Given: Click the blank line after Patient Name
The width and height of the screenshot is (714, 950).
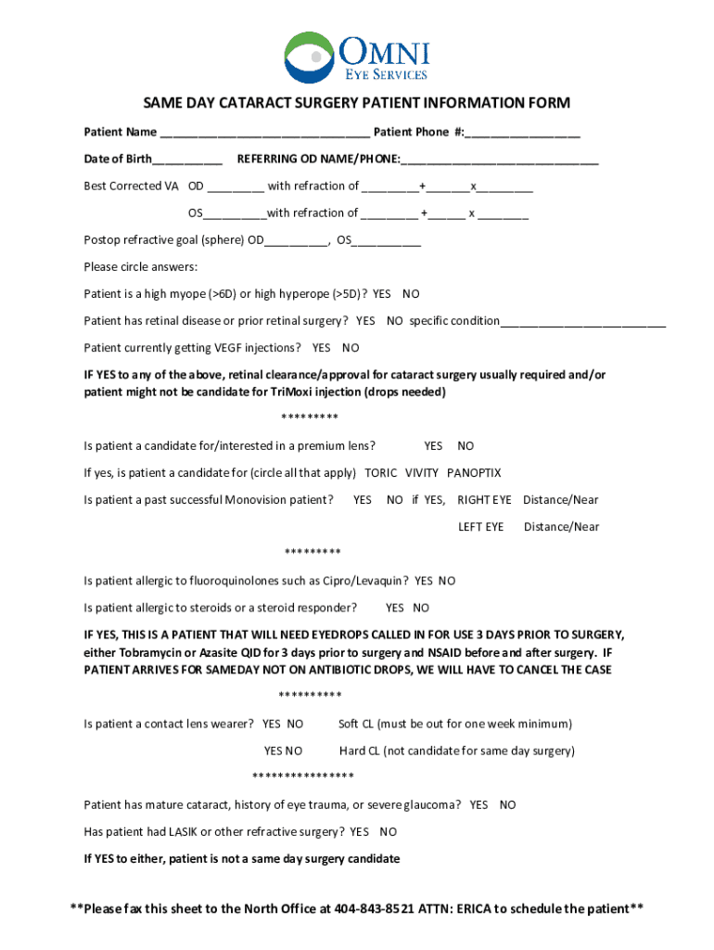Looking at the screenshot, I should (x=264, y=133).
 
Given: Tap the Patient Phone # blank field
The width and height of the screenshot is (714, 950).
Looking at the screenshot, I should (x=524, y=133).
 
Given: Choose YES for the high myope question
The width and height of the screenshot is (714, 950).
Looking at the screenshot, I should (x=382, y=294).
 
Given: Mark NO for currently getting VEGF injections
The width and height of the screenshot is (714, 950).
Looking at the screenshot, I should (x=351, y=348).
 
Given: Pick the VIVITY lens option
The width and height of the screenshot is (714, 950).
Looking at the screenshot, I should (x=422, y=473).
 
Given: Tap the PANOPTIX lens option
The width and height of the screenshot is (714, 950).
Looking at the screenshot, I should (x=474, y=473).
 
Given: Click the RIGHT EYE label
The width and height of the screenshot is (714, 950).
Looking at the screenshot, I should (x=484, y=500).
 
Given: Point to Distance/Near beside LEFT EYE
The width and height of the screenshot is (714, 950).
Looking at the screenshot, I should (x=561, y=527).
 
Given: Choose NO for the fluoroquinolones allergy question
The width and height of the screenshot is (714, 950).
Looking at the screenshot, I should (x=447, y=582).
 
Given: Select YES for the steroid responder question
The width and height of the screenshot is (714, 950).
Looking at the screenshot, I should (x=395, y=609).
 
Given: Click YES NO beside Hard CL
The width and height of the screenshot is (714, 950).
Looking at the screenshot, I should (x=283, y=751).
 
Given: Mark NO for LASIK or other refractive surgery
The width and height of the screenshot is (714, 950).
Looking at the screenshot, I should (x=389, y=832).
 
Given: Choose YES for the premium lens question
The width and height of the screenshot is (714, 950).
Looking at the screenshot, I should (x=433, y=446).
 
